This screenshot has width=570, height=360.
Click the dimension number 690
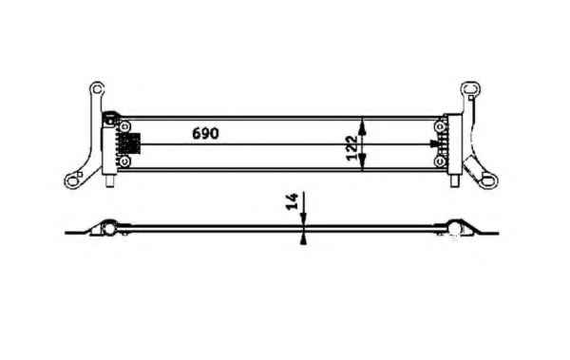205,133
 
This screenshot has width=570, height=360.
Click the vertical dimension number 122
351,147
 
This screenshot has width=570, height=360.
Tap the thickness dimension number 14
292,201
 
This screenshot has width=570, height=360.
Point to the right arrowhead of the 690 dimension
434,144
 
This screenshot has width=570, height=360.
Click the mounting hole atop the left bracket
97,88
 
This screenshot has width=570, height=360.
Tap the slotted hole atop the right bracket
471,88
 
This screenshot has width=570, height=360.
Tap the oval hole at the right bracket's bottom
488,180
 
